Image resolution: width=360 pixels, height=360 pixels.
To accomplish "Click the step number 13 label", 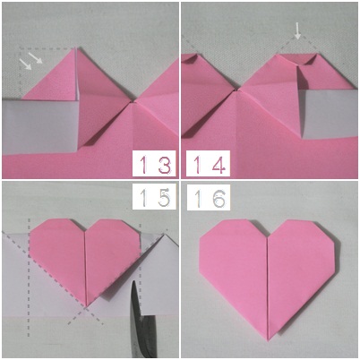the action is pyautogui.click(x=155, y=165).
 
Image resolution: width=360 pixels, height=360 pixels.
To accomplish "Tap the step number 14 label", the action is pyautogui.click(x=209, y=165).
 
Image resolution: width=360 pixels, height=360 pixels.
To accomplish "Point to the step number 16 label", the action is pyautogui.click(x=209, y=197).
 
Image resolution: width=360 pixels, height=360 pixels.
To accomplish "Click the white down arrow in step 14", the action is pyautogui.click(x=297, y=30).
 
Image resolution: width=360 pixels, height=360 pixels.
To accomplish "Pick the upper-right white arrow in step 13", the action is pyautogui.click(x=36, y=57).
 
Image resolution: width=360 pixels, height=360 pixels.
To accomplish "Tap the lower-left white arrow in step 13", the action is pyautogui.click(x=25, y=64).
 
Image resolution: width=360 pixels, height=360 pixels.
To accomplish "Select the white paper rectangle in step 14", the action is pyautogui.click(x=328, y=114).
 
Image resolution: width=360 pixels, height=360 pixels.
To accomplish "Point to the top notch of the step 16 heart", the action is pyautogui.click(x=269, y=237).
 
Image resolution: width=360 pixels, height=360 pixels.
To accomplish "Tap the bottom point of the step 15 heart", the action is pyautogui.click(x=86, y=306).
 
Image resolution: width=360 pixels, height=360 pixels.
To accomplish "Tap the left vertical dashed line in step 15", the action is pyautogui.click(x=29, y=278).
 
